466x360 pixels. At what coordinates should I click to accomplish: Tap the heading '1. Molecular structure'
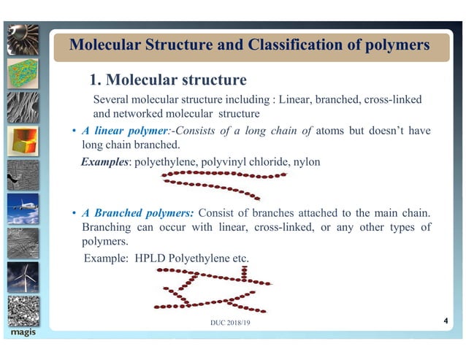pos(167,79)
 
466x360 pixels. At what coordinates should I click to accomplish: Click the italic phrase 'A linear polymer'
pos(123,131)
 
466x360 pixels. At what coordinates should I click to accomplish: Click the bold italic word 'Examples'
pos(104,161)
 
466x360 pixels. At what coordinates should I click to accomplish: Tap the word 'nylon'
pos(305,161)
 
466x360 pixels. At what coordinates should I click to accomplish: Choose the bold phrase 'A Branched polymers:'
pos(138,213)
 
